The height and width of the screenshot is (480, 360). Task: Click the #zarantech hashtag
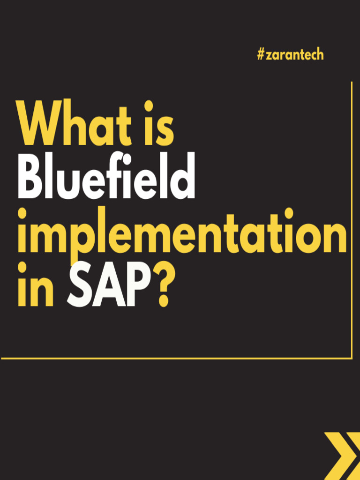tap(290, 55)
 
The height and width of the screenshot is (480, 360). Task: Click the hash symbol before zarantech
tap(261, 55)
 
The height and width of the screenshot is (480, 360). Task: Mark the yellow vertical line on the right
tap(352, 220)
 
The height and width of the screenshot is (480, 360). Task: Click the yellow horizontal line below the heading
tap(176, 359)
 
